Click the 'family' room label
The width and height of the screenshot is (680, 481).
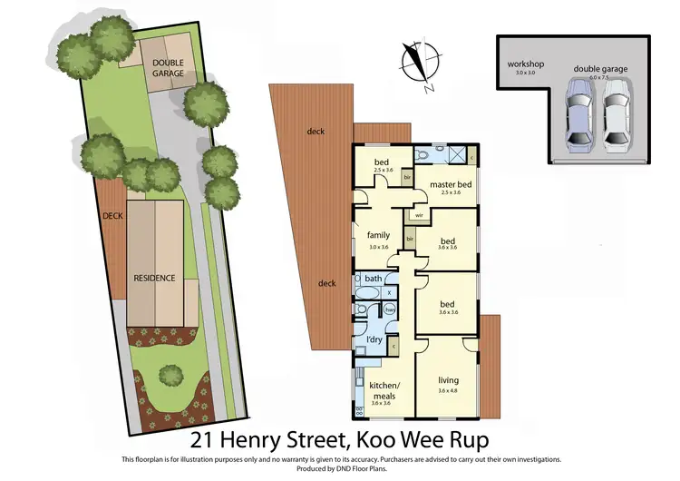(378, 235)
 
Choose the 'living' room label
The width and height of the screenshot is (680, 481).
(448, 380)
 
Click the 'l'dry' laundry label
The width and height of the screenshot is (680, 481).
(374, 339)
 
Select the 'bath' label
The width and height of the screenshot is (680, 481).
(374, 278)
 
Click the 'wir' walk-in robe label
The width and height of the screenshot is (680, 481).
(419, 215)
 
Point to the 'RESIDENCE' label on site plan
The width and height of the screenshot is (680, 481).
(154, 278)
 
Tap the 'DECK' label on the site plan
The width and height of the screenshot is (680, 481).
(112, 216)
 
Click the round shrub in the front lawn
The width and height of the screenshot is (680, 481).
(170, 373)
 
